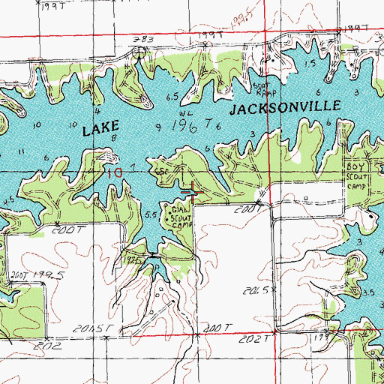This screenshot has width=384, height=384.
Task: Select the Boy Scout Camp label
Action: point(358,174)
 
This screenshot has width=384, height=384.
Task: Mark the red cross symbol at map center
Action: point(192,193)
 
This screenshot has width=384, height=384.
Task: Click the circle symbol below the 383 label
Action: point(139,52)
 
